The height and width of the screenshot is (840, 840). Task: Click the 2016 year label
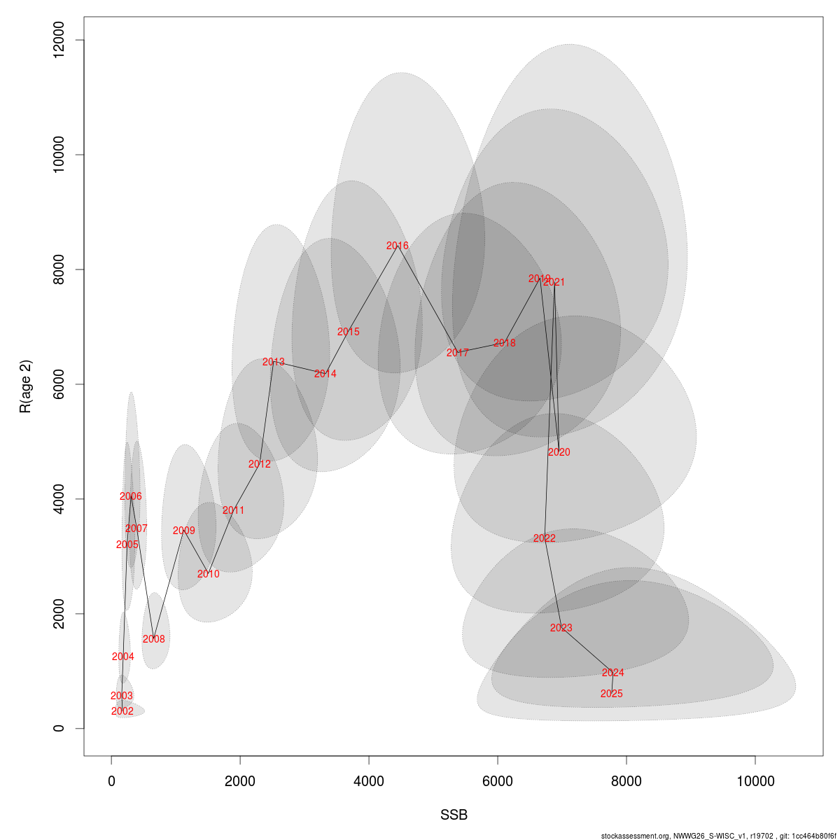(398, 246)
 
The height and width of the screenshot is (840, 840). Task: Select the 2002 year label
(122, 711)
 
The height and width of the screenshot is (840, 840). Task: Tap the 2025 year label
(611, 694)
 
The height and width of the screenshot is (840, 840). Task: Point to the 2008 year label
(154, 639)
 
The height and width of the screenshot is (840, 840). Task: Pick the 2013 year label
(274, 362)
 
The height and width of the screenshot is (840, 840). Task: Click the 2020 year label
(559, 452)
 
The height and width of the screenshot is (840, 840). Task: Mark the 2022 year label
(544, 538)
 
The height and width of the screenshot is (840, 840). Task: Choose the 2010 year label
(208, 574)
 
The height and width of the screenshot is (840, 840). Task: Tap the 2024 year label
(612, 673)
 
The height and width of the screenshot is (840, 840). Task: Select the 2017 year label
(457, 353)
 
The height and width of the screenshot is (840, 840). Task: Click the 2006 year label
(131, 496)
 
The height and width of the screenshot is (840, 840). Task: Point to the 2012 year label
(259, 464)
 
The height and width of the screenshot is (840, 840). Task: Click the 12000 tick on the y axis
(59, 40)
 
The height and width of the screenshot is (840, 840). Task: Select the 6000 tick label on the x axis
(498, 781)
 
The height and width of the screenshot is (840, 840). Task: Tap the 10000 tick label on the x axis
(755, 781)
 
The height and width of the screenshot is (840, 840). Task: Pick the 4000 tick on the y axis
(59, 499)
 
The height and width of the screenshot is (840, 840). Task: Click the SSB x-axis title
(454, 815)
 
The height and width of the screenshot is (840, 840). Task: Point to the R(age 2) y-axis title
(26, 386)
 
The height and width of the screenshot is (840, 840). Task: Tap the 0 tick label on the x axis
(112, 781)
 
